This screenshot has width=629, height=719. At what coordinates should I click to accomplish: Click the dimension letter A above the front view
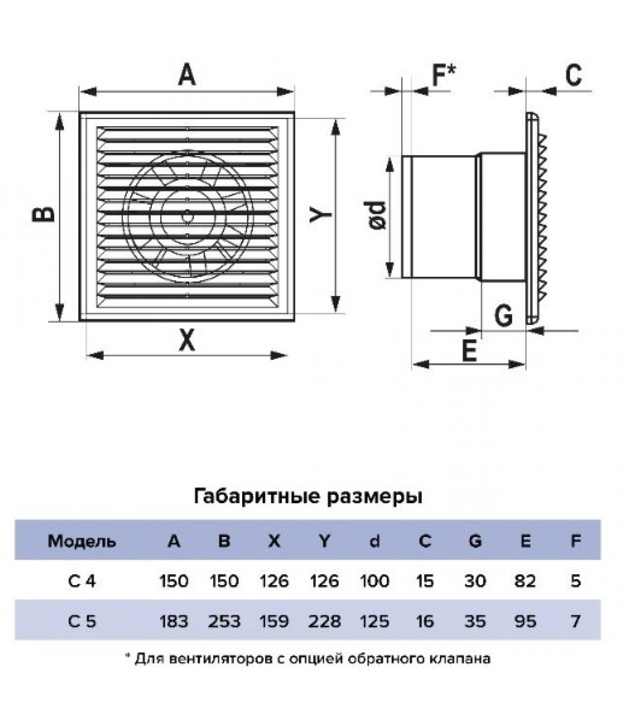(187, 75)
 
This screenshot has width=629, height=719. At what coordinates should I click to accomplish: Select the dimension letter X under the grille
(187, 340)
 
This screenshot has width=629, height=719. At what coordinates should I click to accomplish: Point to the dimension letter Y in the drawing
(321, 214)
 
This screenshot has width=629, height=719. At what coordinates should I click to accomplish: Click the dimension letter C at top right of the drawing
(573, 75)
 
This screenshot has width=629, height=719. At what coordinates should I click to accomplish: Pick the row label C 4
(82, 581)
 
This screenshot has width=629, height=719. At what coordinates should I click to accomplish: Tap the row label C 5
(82, 621)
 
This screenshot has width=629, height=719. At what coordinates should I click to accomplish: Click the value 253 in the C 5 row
(224, 621)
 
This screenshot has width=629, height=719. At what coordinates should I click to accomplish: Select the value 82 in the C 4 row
(525, 581)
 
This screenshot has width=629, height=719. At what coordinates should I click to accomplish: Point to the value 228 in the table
(324, 621)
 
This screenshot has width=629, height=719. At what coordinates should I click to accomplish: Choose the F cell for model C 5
(576, 621)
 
